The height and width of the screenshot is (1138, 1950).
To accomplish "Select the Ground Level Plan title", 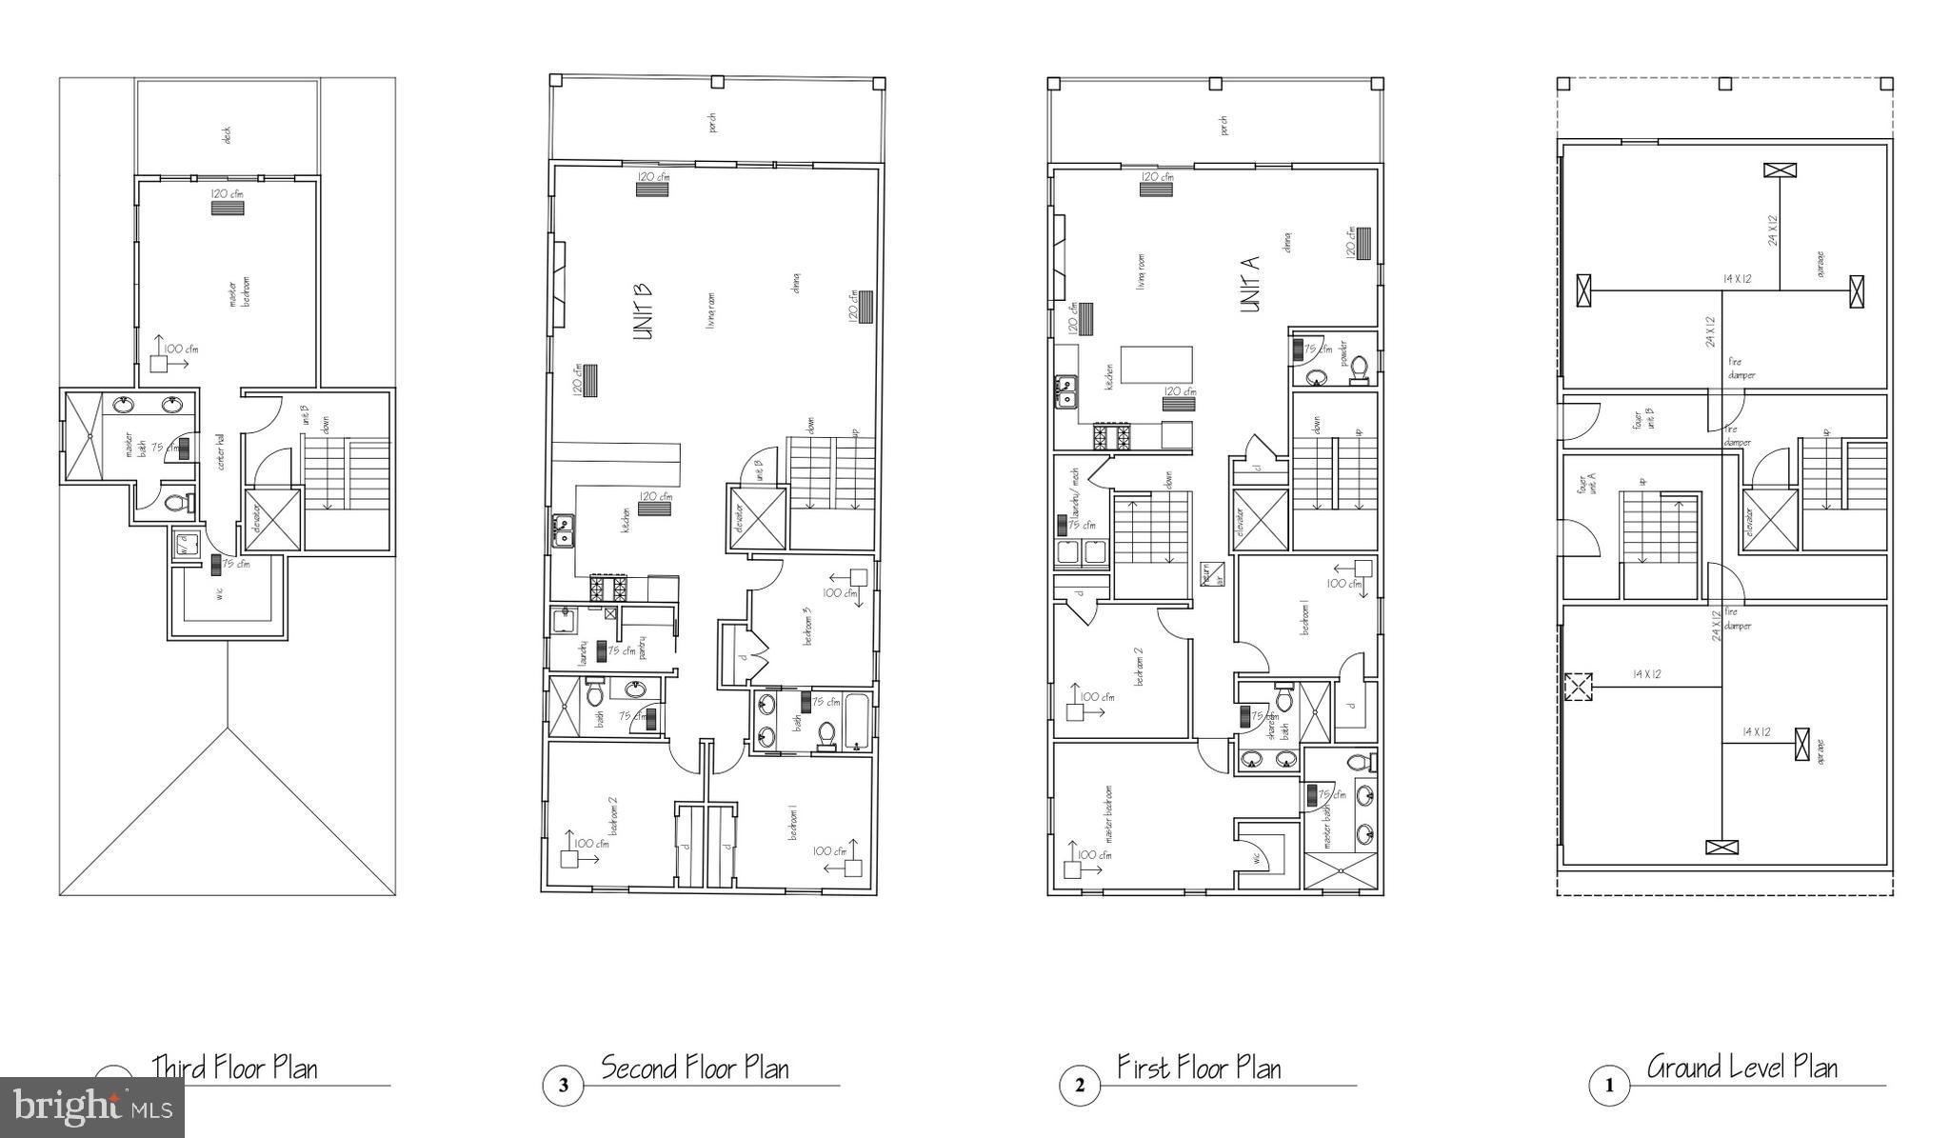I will [1741, 1067].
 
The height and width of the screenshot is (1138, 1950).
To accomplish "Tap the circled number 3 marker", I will [564, 1085].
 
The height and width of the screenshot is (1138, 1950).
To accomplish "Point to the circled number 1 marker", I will [1610, 1085].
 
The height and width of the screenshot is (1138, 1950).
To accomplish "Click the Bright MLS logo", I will [92, 1108].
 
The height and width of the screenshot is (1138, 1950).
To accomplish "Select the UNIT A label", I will [1250, 283].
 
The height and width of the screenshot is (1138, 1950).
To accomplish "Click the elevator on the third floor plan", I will [273, 519].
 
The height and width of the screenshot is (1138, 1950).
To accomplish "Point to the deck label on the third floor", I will [227, 135].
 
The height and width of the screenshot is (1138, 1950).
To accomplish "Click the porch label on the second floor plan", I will [712, 122].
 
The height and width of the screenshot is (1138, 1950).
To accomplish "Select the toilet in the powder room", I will [1360, 367].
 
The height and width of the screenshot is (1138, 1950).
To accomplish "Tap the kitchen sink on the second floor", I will [565, 530].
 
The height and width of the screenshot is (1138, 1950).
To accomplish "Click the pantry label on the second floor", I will [644, 648].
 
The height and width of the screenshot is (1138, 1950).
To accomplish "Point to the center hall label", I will [221, 452].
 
